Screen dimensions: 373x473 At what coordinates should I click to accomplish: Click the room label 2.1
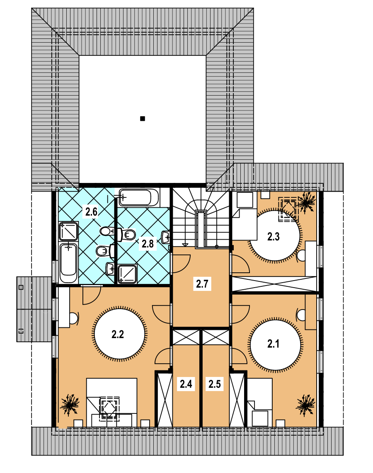pos(273,344)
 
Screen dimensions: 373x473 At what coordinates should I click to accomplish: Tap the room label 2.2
pos(117,334)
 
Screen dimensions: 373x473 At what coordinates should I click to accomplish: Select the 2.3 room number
pos(273,237)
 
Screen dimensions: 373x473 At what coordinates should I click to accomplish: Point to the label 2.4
pos(186,384)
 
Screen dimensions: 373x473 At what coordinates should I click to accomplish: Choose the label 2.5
pos(214,384)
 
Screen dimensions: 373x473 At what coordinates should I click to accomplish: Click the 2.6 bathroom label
pos(91,212)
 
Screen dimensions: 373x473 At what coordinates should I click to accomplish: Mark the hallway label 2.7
pos(202,284)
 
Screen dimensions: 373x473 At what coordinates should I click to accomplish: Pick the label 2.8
pos(148,244)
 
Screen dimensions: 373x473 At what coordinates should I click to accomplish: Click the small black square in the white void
pos(143,118)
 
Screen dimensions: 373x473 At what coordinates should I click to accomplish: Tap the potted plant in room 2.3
pos(307,202)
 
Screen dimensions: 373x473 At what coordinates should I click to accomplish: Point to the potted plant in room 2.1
pos(305,405)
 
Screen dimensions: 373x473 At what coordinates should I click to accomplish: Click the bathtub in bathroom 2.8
pos(138,197)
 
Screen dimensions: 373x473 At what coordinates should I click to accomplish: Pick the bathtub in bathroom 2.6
pos(68,263)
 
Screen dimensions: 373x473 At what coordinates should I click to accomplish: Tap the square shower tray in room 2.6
pos(68,231)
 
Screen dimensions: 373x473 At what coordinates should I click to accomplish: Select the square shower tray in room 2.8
pos(128,274)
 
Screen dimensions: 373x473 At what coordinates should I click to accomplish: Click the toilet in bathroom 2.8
pos(128,235)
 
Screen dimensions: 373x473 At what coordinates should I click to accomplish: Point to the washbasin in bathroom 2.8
pos(165,237)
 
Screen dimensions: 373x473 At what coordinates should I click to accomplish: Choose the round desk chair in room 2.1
pos(301,315)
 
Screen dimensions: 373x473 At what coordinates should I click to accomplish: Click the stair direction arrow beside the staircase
pos(185,245)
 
